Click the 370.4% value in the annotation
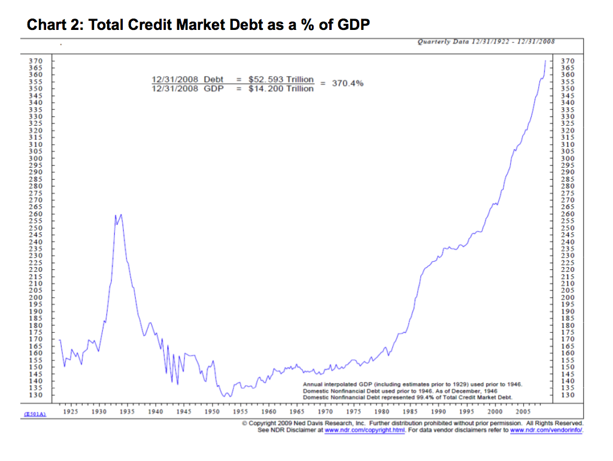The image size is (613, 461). [348, 83]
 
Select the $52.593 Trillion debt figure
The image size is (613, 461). [281, 79]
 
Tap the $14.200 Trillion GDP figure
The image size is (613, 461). [281, 89]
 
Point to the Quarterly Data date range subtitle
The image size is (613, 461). [485, 41]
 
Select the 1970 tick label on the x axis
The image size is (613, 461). [326, 412]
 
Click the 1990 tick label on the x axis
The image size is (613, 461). [439, 412]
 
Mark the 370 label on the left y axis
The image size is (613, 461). [36, 61]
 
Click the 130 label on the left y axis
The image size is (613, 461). [36, 395]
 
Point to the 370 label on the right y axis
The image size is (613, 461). [567, 61]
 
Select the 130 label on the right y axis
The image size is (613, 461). [567, 395]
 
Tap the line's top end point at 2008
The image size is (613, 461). [545, 60]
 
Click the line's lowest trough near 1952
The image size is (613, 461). [226, 396]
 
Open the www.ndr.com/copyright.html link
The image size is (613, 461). [365, 430]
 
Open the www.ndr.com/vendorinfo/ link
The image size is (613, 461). [547, 430]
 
